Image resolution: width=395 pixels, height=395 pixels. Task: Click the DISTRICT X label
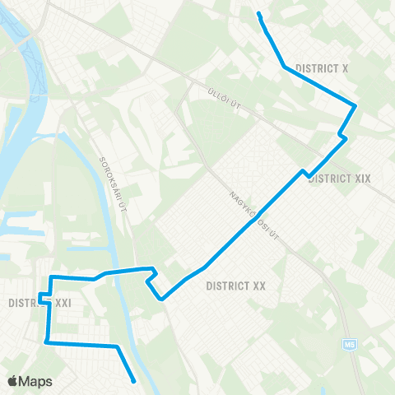(323, 69)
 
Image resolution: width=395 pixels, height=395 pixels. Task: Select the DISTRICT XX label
(236, 286)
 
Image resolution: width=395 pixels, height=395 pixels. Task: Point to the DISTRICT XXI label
(41, 303)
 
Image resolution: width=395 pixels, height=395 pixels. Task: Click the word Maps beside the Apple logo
(36, 381)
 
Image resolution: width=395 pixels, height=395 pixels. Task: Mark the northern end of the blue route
(259, 14)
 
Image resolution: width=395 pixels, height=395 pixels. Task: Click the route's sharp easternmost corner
(355, 105)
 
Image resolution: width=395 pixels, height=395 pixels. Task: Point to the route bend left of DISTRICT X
(284, 66)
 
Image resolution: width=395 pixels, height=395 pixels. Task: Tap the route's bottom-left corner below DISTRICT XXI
(46, 341)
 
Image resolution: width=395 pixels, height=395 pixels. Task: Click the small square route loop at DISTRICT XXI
(43, 298)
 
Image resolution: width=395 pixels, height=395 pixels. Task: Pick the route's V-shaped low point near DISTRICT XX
(163, 299)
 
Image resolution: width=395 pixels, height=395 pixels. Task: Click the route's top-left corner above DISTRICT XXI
(53, 277)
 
